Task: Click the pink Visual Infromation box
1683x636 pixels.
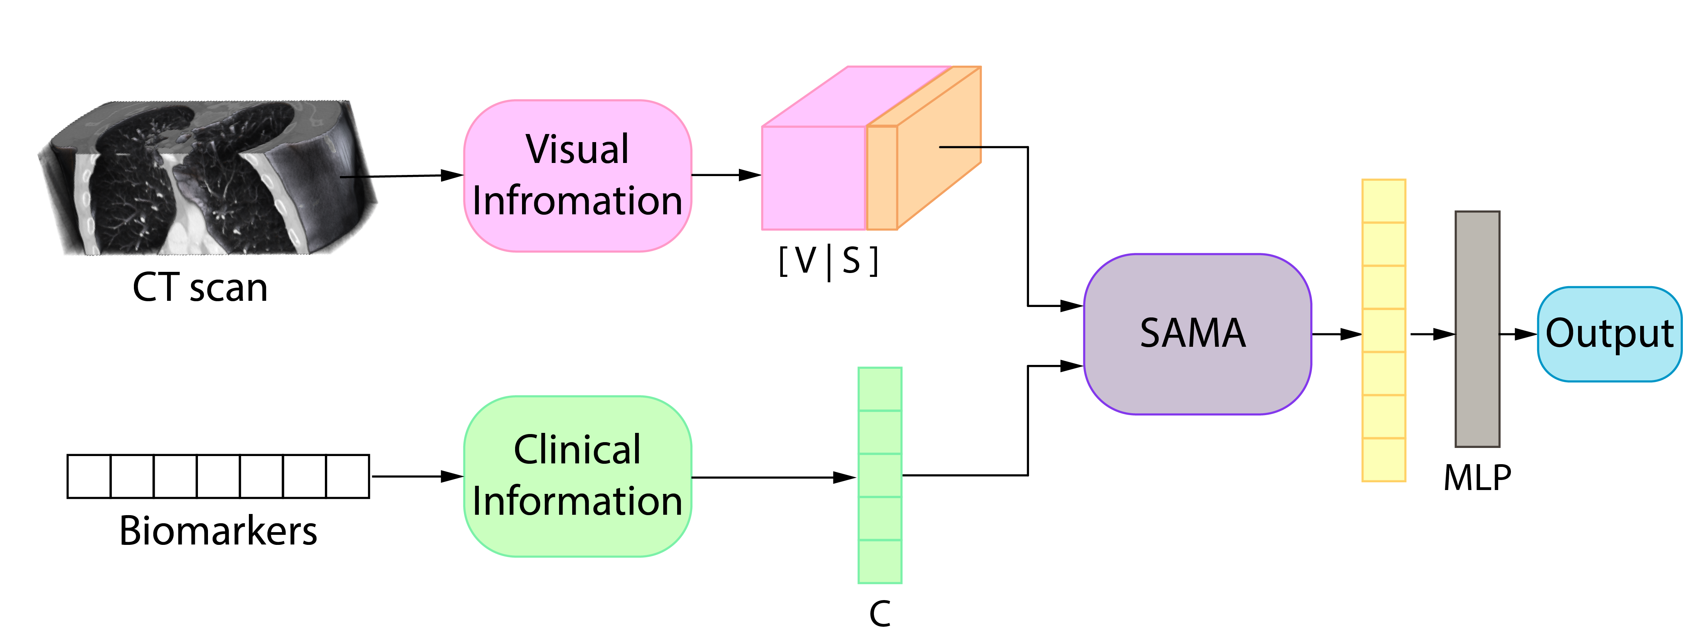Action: click(x=578, y=176)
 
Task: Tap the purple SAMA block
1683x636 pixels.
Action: click(x=1197, y=334)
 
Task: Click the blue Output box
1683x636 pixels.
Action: click(x=1609, y=334)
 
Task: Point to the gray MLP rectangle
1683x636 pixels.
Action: click(x=1477, y=329)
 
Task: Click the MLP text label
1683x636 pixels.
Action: click(x=1477, y=478)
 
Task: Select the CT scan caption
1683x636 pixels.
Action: click(x=200, y=288)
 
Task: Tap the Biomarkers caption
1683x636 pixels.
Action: click(x=218, y=530)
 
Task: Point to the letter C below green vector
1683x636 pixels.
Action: click(x=880, y=613)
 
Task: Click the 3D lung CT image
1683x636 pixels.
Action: click(x=208, y=177)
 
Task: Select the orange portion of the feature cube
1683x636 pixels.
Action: click(x=924, y=148)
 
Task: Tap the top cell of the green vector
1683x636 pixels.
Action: click(x=880, y=389)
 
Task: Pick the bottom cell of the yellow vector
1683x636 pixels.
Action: click(x=1384, y=460)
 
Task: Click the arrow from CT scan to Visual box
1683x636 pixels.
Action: click(x=402, y=176)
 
